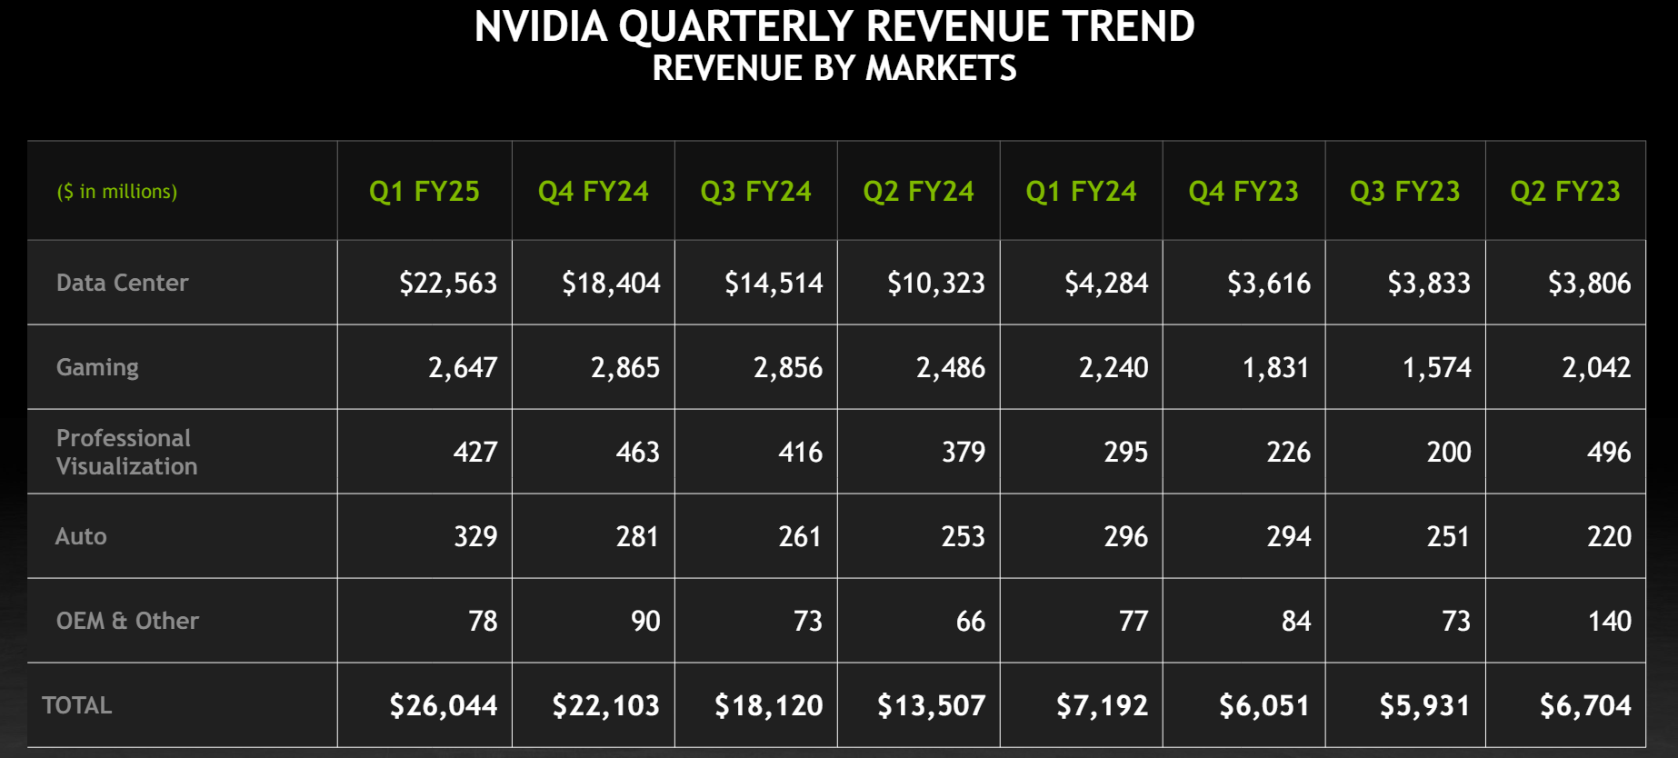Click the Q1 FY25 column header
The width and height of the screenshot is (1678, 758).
pos(424,192)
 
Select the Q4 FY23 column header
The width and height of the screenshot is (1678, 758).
pos(1244,192)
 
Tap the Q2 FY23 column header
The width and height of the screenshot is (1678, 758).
pos(1565,192)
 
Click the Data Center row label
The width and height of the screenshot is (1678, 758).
pos(122,283)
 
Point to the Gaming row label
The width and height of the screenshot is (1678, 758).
pos(97,367)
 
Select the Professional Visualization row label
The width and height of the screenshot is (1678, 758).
pos(126,452)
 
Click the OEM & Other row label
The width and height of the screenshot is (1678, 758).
pos(127,621)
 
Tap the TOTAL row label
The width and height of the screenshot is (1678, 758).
pos(77,705)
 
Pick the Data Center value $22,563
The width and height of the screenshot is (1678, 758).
pos(448,284)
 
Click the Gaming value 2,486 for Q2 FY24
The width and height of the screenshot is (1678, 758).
pos(950,368)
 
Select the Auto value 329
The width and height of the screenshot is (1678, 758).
pos(475,536)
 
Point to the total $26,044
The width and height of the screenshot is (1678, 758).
pos(444,706)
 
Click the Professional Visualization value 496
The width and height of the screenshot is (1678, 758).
pos(1609,452)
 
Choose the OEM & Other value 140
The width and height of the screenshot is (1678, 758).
pos(1609,621)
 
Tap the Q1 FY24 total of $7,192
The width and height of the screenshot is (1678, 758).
pos(1102,706)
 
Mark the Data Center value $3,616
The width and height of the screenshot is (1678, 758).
pos(1269,284)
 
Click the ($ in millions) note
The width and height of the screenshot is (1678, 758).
pos(117,192)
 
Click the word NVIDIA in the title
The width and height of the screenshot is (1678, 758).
pos(541,27)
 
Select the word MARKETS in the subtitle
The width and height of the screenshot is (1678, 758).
pos(941,69)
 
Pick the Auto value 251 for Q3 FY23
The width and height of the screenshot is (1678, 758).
pos(1448,536)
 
